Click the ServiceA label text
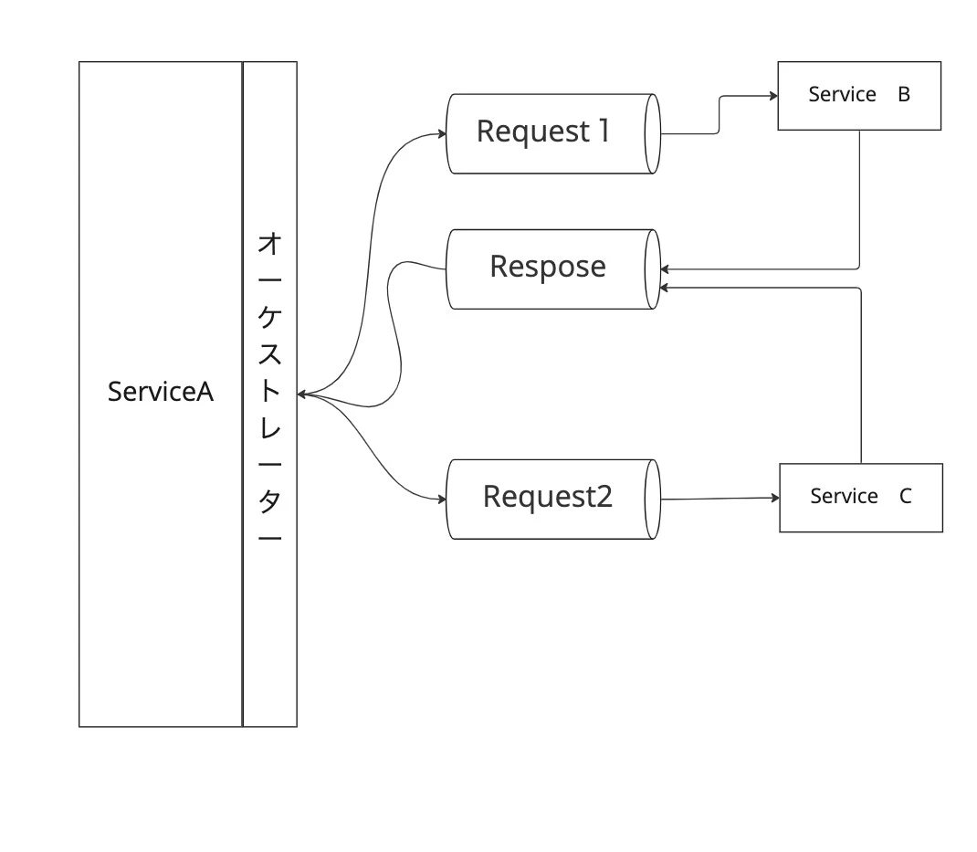[161, 392]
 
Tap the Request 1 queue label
[543, 131]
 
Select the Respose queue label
[548, 268]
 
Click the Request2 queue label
[548, 497]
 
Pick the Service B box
[859, 96]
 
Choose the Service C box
[861, 498]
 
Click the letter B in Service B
[904, 95]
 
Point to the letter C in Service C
[906, 497]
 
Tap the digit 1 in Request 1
[604, 131]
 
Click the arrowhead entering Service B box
[774, 96]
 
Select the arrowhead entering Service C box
[776, 498]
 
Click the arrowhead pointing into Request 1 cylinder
[443, 133]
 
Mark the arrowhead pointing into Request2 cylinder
[443, 500]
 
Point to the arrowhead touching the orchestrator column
[301, 394]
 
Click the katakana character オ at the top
[269, 244]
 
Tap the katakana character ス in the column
[269, 354]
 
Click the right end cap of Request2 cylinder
[652, 500]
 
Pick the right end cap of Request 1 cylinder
[652, 134]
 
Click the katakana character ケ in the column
[269, 317]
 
